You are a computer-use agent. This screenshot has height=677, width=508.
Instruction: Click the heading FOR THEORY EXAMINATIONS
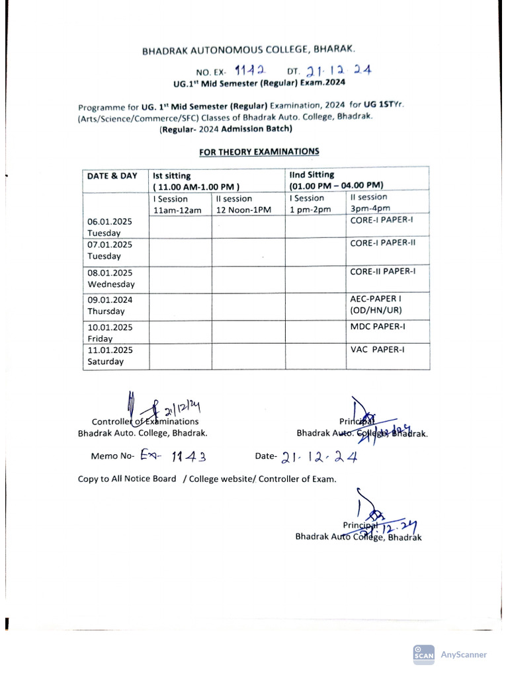259,151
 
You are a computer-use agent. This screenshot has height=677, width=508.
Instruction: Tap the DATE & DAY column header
112,176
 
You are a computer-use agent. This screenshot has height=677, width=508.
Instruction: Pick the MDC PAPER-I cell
378,326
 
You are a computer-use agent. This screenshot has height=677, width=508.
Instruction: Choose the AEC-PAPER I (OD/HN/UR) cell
376,304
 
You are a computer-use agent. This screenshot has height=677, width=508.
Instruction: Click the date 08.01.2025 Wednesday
111,278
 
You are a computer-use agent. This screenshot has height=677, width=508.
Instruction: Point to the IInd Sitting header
312,175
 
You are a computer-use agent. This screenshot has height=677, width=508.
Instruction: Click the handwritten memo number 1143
190,456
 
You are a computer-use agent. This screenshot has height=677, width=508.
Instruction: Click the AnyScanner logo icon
423,654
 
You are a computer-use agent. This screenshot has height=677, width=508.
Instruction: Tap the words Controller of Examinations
145,421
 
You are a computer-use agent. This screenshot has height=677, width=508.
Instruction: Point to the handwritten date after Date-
319,456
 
